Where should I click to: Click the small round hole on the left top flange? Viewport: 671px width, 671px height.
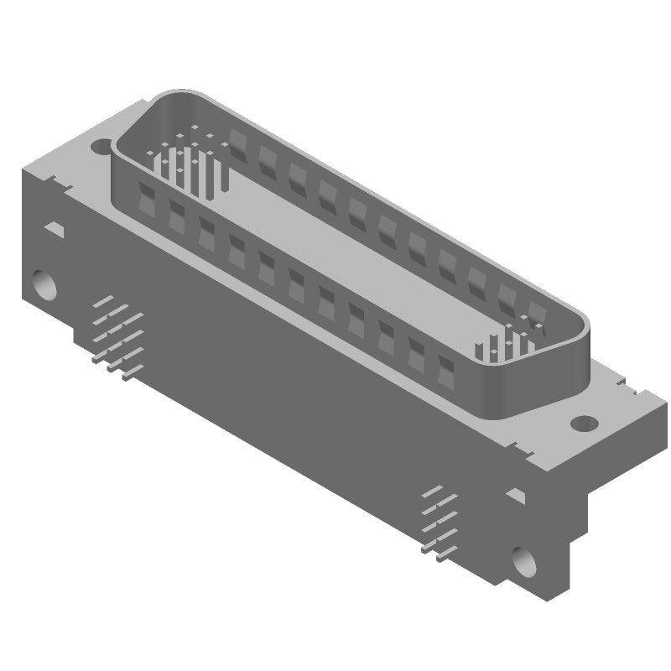[101, 147]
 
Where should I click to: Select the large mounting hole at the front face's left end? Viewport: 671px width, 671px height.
[44, 284]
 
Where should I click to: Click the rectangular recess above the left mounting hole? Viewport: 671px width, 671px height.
[55, 227]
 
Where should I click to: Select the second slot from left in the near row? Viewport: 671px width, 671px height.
[178, 216]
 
